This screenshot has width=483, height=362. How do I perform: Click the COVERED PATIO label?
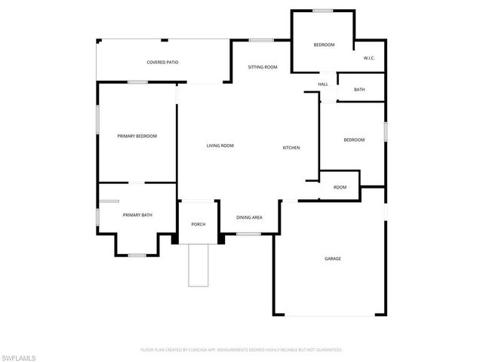pos(162,62)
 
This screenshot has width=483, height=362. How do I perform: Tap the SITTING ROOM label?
pos(263,67)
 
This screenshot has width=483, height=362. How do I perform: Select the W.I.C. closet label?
pos(369,58)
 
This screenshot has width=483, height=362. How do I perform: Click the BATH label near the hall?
pos(359,90)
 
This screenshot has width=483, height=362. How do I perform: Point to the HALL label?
pos(323,84)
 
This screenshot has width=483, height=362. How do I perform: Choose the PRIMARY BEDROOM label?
pos(137,136)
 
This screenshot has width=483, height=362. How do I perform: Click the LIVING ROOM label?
pos(220,146)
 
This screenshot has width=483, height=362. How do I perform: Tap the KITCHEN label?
pos(291,147)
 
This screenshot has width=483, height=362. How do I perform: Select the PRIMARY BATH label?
pos(137,215)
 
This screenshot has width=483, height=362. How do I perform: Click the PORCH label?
pos(198,224)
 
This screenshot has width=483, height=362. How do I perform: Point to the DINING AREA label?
pos(249,217)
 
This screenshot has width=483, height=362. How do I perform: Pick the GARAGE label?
pos(333,259)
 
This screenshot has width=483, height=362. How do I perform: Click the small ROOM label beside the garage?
pos(340,187)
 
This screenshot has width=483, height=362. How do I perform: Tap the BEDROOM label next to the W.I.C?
pos(324,45)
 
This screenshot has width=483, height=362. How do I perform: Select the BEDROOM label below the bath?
pos(354,140)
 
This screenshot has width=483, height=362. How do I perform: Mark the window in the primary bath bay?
pos(137,255)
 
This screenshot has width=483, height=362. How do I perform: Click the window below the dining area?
pos(248,234)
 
